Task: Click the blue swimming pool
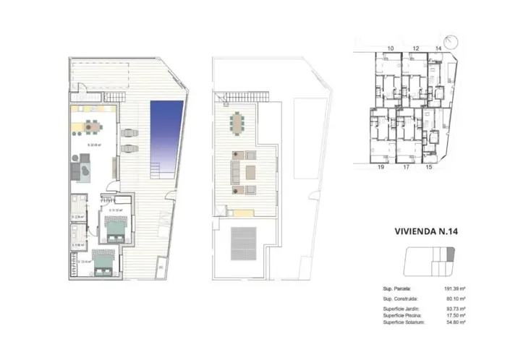point(166,134)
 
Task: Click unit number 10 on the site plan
point(390,48)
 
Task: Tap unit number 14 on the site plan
point(438,48)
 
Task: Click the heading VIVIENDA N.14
point(427,232)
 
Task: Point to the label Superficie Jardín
point(399,309)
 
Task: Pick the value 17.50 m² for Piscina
point(455,315)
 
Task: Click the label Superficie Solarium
point(402,322)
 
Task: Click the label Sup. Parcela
point(396,288)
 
